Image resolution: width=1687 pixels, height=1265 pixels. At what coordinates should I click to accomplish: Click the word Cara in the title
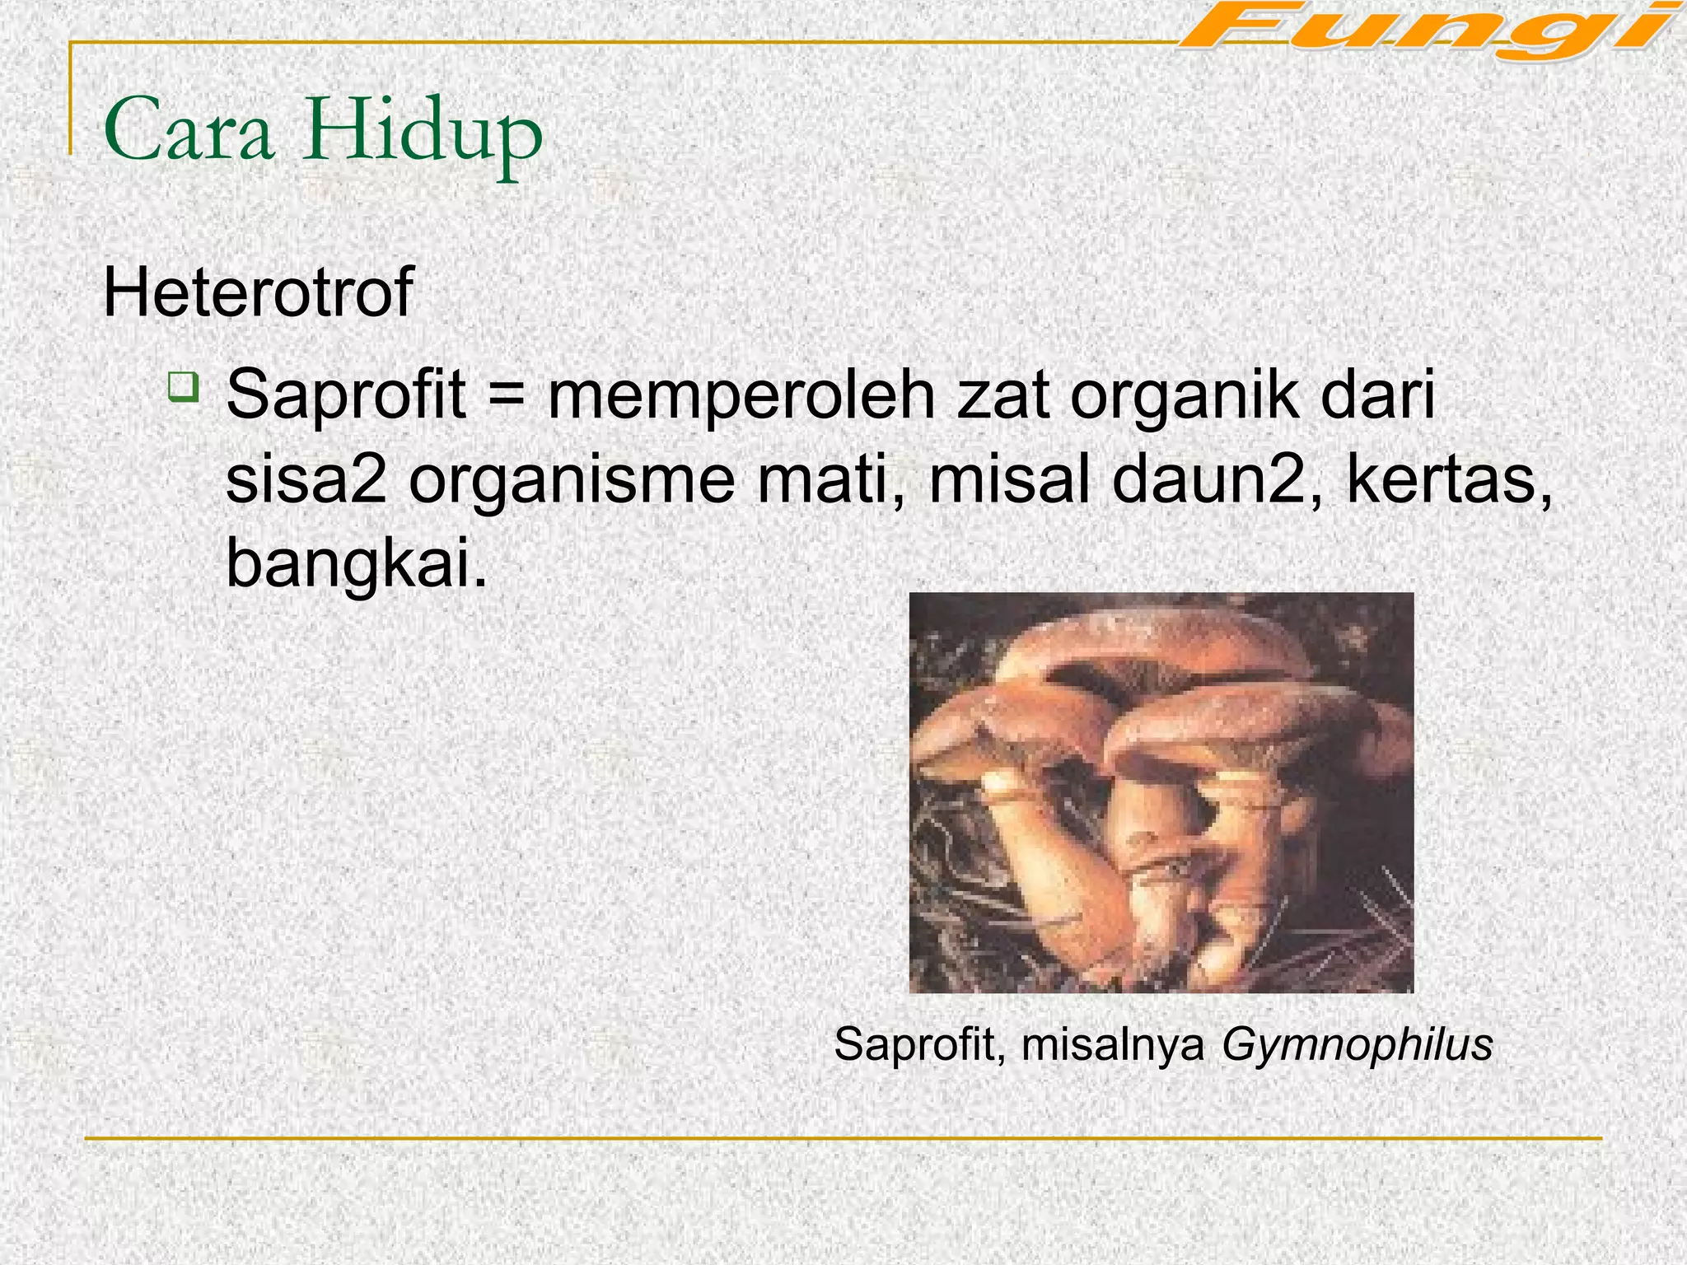[x=189, y=132]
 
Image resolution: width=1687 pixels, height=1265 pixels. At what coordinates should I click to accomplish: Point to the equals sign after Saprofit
[x=506, y=395]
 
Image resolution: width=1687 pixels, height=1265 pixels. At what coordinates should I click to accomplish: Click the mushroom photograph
[x=1161, y=792]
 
